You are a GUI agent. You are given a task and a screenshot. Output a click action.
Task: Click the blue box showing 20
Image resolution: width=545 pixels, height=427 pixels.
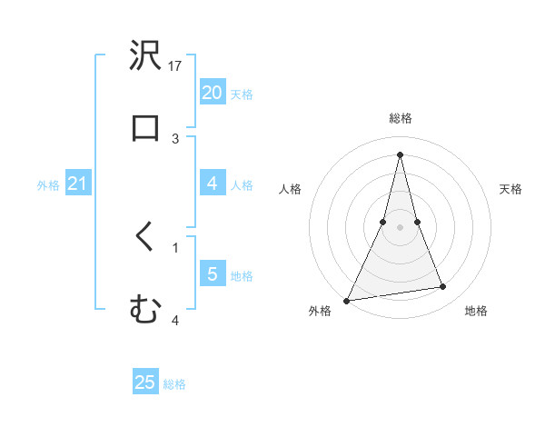[x=212, y=92]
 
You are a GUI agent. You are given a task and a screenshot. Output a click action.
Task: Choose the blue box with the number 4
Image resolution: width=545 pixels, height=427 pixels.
[x=212, y=184]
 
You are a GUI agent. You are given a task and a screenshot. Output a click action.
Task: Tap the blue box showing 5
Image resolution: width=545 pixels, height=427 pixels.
[x=212, y=274]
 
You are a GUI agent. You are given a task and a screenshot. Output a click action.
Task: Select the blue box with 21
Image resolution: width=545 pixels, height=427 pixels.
[x=77, y=184]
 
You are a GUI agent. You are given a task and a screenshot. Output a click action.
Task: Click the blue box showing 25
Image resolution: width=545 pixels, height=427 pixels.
[x=145, y=382]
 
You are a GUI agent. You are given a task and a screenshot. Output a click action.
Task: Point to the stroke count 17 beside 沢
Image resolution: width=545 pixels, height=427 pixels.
[x=176, y=66]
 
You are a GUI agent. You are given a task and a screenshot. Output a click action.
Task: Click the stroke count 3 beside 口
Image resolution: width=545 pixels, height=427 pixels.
[x=176, y=138]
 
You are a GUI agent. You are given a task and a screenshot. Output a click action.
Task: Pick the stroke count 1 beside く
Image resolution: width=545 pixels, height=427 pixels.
[x=175, y=247]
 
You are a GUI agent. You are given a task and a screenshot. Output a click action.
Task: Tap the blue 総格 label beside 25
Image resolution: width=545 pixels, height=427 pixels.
[x=174, y=384]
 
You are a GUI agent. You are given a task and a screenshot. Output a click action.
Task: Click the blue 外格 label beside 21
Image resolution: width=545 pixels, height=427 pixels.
[x=48, y=185]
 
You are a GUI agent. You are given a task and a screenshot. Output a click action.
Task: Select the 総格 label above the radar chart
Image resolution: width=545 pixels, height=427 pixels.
[x=400, y=118]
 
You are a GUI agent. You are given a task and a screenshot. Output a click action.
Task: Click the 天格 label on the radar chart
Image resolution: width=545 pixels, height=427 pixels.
[x=511, y=189]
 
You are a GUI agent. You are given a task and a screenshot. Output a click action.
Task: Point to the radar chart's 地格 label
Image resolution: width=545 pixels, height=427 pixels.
[x=476, y=312]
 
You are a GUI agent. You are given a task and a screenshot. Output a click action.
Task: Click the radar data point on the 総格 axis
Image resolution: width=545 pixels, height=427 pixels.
[x=400, y=154]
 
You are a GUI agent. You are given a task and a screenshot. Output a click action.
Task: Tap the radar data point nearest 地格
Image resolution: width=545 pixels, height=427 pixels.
[x=443, y=287]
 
